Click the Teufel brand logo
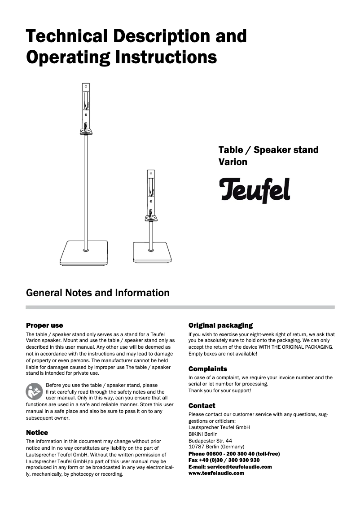(x=255, y=190)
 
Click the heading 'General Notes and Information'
(x=98, y=293)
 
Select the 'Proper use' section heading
(x=44, y=325)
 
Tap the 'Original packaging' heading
(x=220, y=325)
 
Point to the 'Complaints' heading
(x=208, y=369)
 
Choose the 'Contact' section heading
(x=202, y=406)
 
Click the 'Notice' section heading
(x=37, y=433)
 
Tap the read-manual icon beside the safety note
(x=34, y=391)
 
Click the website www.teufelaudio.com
(x=216, y=473)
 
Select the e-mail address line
(x=230, y=467)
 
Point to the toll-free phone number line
(x=234, y=454)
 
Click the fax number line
(x=224, y=460)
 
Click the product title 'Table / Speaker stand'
(x=268, y=150)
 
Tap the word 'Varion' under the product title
(x=233, y=162)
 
